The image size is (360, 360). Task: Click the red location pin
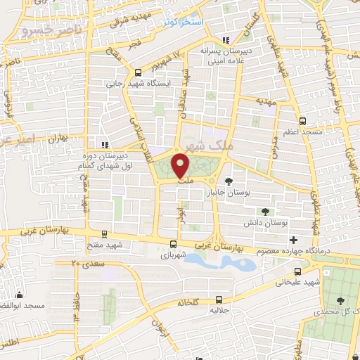tap(181, 165)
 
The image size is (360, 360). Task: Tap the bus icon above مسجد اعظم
tap(302, 121)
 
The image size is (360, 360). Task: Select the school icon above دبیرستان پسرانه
tap(224, 41)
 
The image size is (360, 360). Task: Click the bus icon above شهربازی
tap(173, 245)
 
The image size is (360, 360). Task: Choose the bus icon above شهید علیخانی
tap(297, 271)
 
